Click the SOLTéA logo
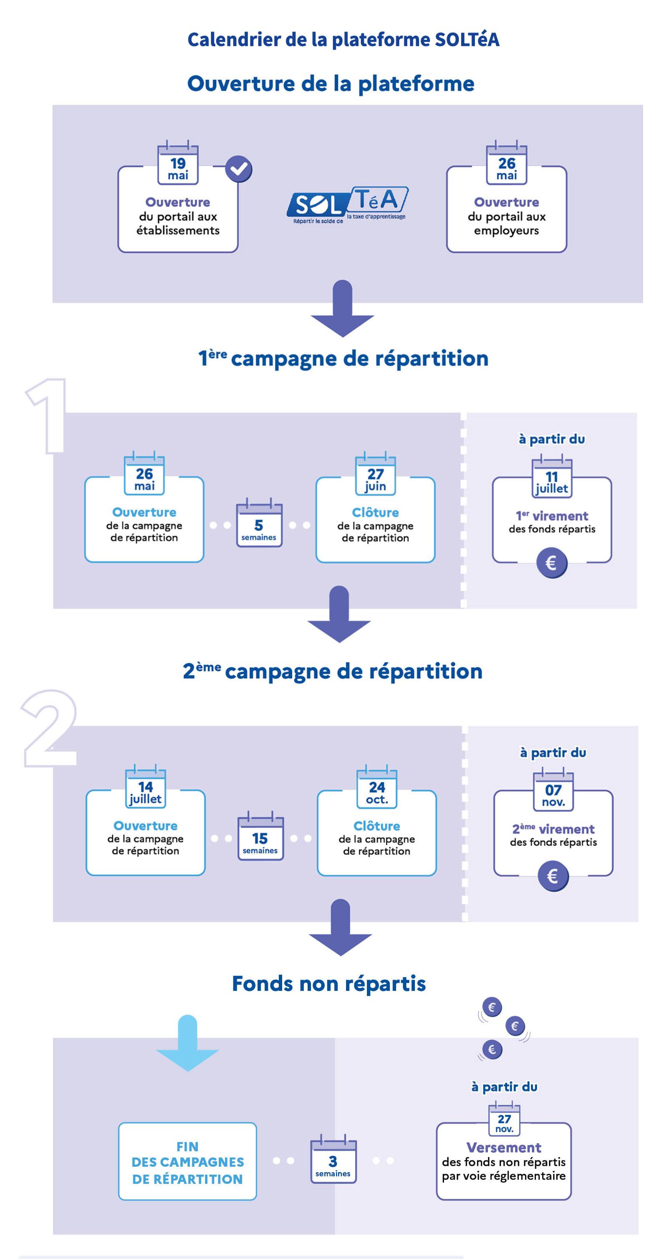click(347, 205)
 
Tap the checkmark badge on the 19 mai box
click(239, 169)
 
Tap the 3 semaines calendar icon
click(333, 1161)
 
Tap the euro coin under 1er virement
click(551, 563)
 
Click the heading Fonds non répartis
click(329, 983)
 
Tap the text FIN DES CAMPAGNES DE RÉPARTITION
click(188, 1162)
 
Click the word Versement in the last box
click(504, 1148)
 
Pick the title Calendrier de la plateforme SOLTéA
click(343, 40)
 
